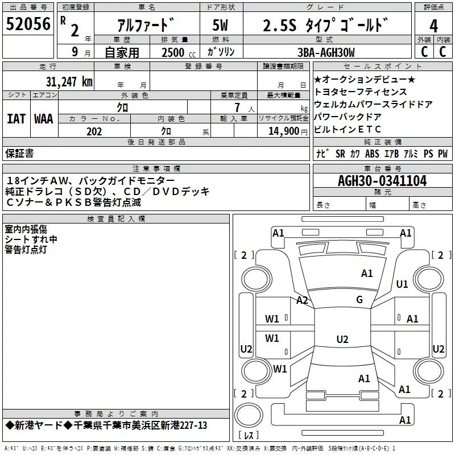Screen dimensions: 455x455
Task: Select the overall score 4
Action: point(433,26)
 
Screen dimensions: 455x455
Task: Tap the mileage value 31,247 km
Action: point(69,82)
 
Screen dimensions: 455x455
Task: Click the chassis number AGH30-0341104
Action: point(382,181)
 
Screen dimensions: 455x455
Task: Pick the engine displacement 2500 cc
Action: point(173,53)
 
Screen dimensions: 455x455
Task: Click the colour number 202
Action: point(94,131)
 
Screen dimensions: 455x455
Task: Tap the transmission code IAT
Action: point(16,119)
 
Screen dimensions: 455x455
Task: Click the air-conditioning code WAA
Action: point(44,119)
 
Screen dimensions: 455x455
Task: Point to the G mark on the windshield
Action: point(359,300)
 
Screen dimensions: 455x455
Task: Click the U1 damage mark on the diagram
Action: point(402,284)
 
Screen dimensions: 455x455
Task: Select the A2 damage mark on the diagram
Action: point(302,300)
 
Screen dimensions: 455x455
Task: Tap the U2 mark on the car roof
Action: point(342,340)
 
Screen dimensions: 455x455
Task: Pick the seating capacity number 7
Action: point(235,107)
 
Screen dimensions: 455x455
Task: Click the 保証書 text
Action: point(19,153)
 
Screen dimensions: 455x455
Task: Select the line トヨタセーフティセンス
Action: point(361,92)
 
